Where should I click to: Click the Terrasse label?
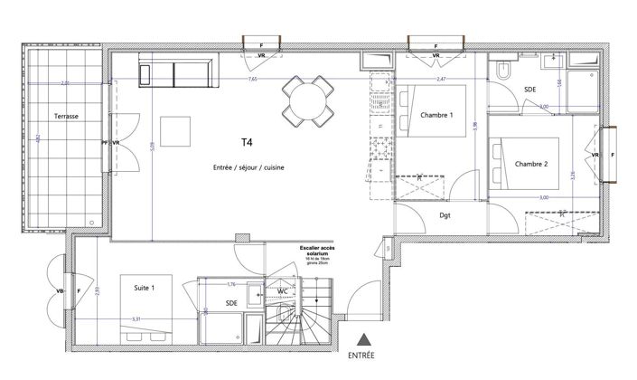pyautogui.click(x=64, y=116)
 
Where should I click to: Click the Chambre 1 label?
pyautogui.click(x=436, y=114)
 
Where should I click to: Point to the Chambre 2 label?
pyautogui.click(x=533, y=164)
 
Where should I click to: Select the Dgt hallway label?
pyautogui.click(x=445, y=214)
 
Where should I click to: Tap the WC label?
pyautogui.click(x=282, y=291)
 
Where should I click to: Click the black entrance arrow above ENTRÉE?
pyautogui.click(x=362, y=341)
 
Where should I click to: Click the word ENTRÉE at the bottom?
pyautogui.click(x=362, y=357)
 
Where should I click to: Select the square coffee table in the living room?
pyautogui.click(x=176, y=135)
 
